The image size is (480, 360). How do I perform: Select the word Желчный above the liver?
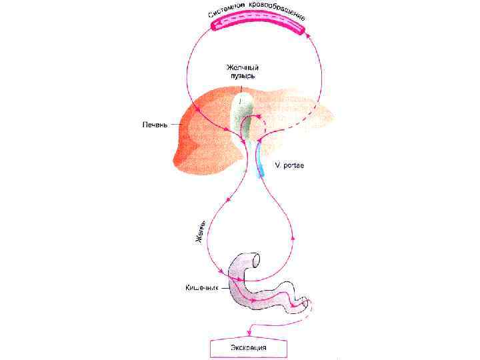(x=241, y=67)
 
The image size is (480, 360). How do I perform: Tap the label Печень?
(x=154, y=124)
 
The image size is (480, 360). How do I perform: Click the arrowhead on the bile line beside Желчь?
(x=228, y=199)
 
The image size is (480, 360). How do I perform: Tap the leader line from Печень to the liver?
(x=177, y=124)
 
